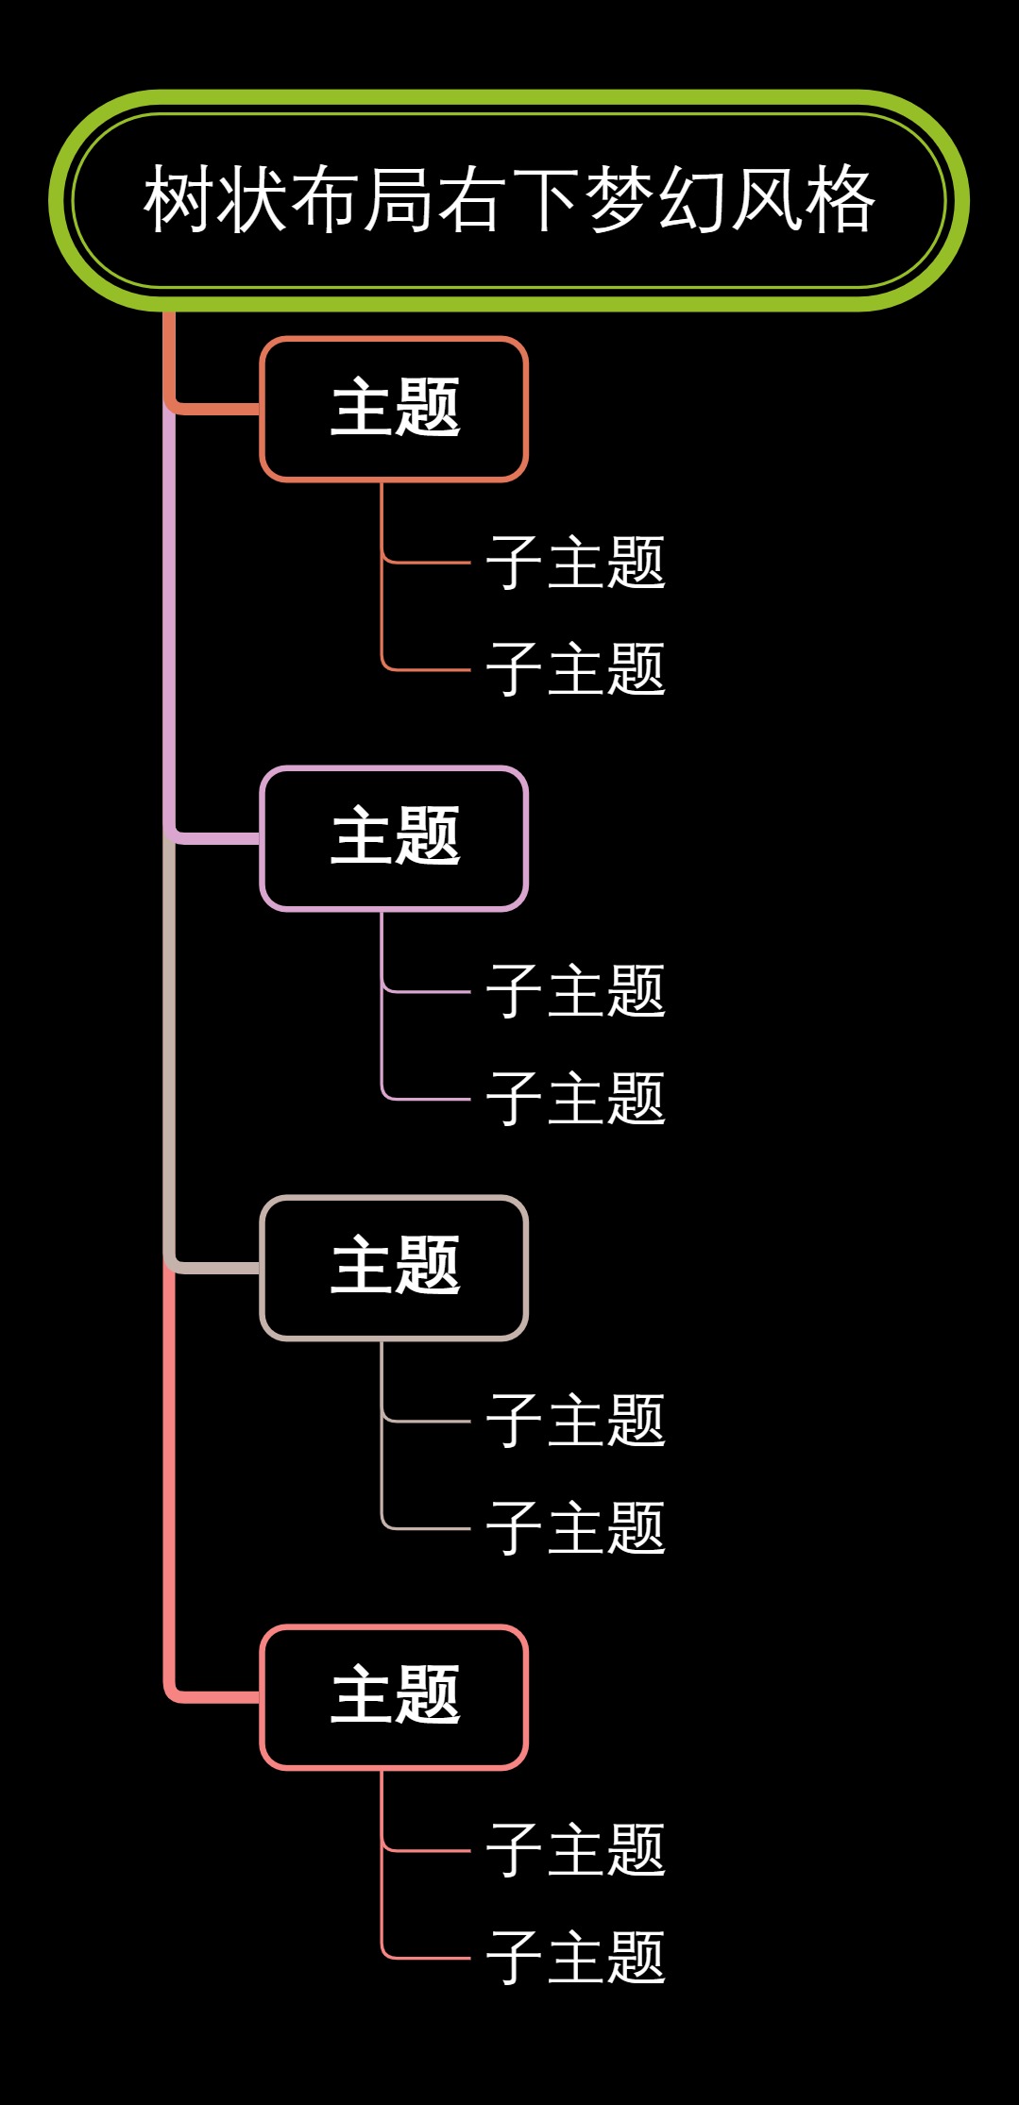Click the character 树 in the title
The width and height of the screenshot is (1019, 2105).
[x=179, y=200]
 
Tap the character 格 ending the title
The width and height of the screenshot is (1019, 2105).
[x=841, y=200]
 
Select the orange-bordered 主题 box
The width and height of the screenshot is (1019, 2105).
[x=394, y=409]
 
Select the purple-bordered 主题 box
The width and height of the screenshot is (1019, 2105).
[x=394, y=838]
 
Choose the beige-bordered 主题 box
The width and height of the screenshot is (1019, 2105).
[x=394, y=1268]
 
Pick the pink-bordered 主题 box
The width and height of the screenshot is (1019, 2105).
[x=394, y=1697]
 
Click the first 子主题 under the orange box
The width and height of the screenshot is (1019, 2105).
[x=575, y=563]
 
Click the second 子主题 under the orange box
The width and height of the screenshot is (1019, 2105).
[x=575, y=669]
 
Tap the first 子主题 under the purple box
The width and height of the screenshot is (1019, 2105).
[x=575, y=992]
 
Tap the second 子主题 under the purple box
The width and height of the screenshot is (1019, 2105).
[x=575, y=1099]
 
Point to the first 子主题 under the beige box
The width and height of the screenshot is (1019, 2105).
[x=575, y=1422]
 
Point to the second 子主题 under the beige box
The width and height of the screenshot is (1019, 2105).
[x=575, y=1528]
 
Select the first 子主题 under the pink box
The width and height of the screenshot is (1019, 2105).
[x=575, y=1851]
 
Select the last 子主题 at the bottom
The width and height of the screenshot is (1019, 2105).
[x=575, y=1958]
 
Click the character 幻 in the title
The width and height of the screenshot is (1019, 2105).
[x=693, y=200]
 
